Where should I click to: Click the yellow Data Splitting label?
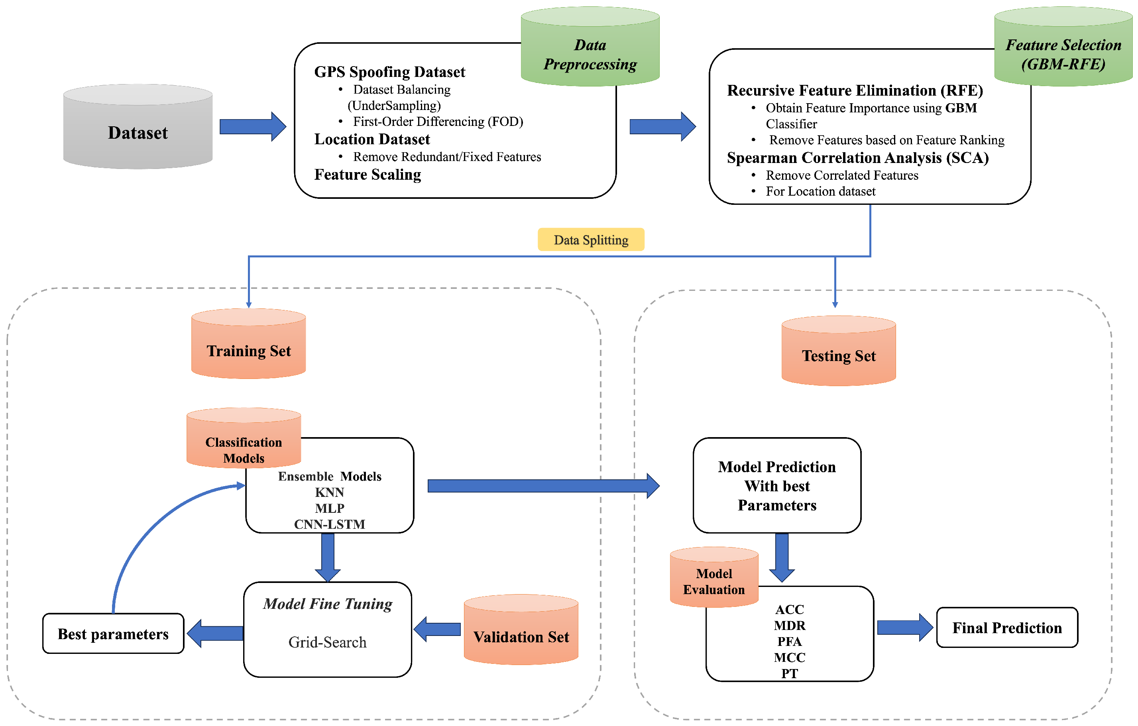click(x=591, y=240)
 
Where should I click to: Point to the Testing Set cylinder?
click(x=838, y=354)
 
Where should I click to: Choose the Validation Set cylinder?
click(x=521, y=633)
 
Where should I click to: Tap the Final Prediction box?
click(x=1006, y=627)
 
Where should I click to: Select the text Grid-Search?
click(x=328, y=642)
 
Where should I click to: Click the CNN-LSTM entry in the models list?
click(x=329, y=524)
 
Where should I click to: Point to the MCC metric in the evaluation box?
click(x=789, y=657)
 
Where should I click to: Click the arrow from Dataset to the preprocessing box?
click(x=253, y=127)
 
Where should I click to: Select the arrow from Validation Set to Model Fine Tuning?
click(x=437, y=629)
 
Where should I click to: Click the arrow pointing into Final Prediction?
click(x=904, y=627)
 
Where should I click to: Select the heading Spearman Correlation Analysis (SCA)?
click(x=857, y=158)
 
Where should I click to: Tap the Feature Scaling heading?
click(x=368, y=174)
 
